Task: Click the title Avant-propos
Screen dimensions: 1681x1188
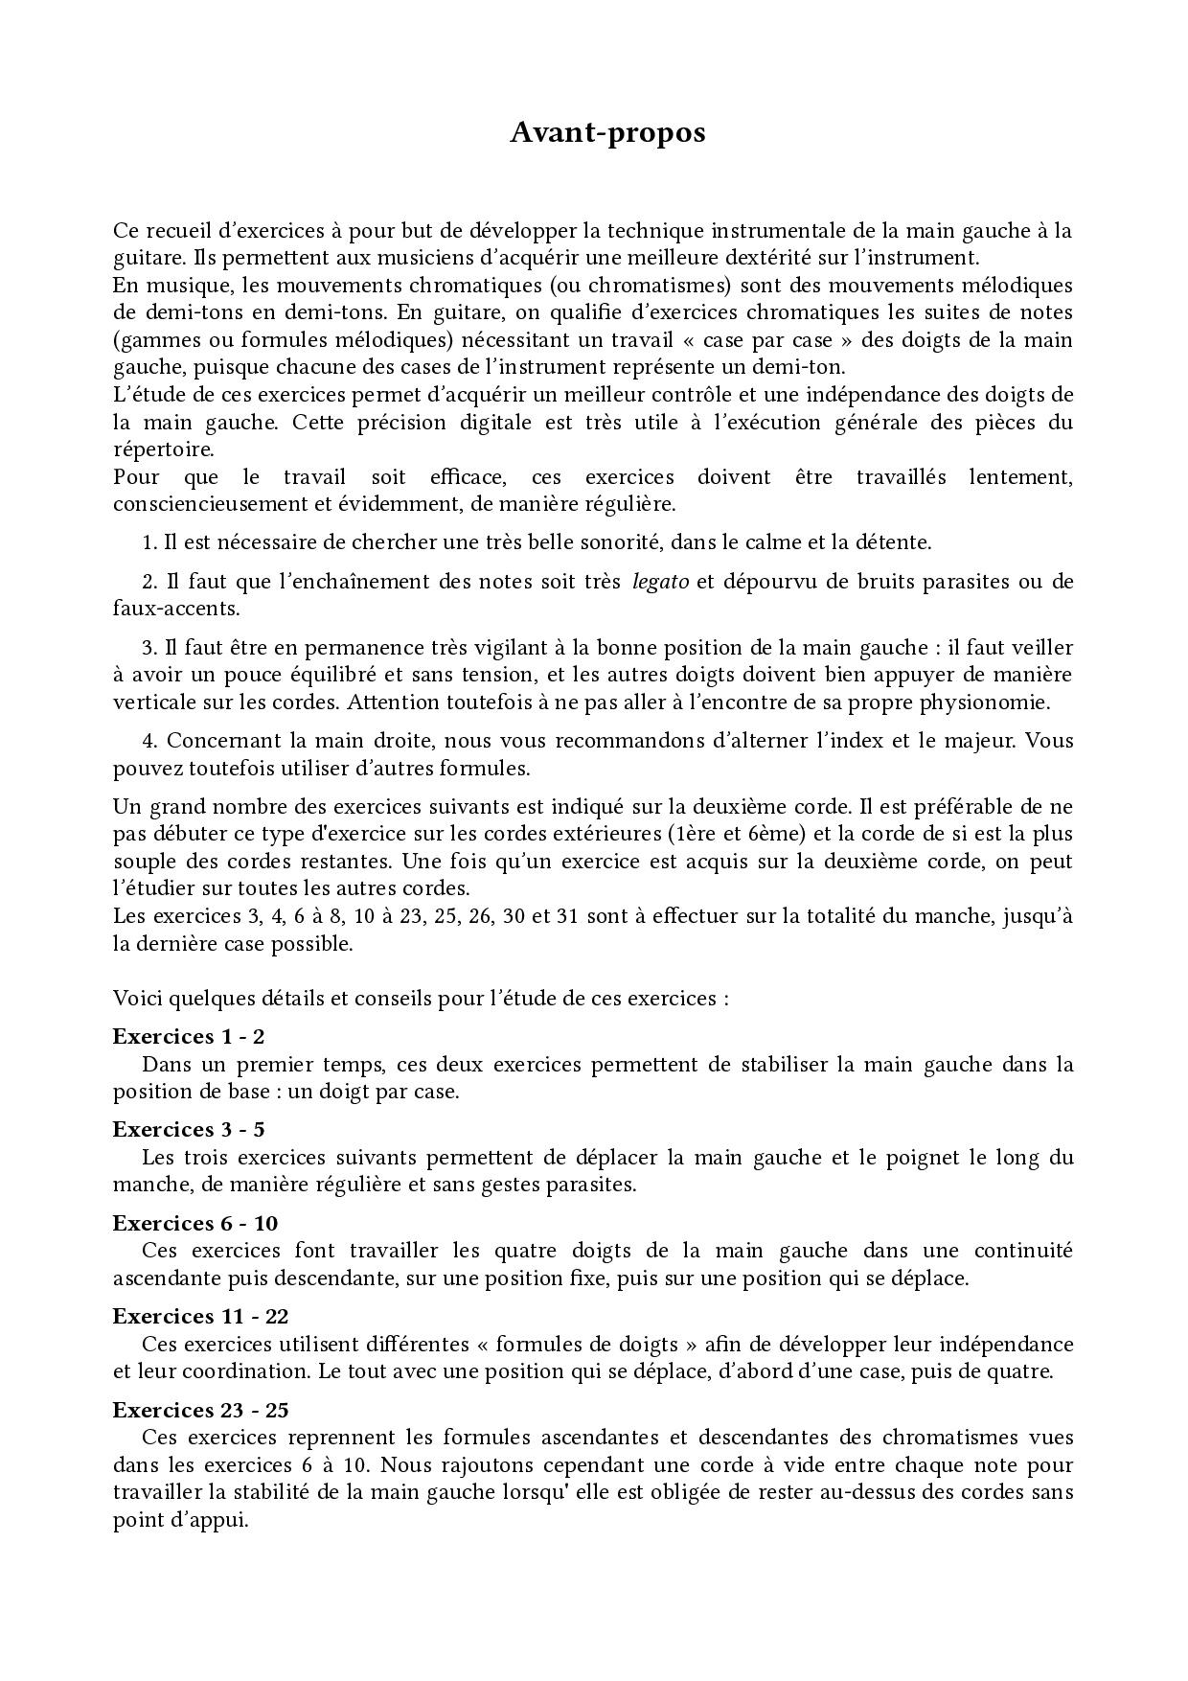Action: [607, 132]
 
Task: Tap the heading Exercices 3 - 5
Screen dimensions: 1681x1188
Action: [189, 1129]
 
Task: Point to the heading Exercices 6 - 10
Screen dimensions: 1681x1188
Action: [195, 1223]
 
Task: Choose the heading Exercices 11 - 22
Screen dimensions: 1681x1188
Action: [200, 1316]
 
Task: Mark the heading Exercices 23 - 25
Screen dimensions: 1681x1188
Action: [200, 1410]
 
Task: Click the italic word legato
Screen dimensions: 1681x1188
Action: [661, 581]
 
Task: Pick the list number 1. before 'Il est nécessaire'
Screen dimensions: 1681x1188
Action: [149, 542]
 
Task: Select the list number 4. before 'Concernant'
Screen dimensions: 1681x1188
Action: [149, 740]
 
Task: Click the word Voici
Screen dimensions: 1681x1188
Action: [137, 998]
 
